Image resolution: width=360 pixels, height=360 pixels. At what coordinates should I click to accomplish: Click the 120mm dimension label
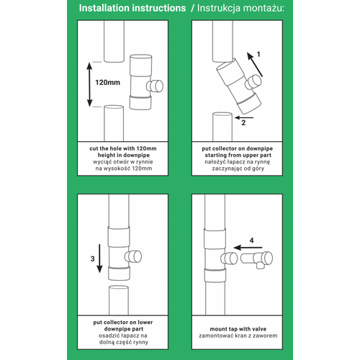click(108, 83)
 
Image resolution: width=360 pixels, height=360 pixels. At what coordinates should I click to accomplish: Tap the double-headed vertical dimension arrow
click(89, 84)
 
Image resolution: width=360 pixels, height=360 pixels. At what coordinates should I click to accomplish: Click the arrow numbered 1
click(255, 65)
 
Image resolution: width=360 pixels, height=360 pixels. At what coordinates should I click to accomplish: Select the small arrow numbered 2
click(244, 117)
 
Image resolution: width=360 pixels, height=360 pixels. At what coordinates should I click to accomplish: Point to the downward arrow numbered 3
click(99, 258)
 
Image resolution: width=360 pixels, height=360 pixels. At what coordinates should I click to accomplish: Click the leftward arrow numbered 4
click(248, 248)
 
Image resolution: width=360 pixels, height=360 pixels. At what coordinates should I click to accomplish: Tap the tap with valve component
click(256, 259)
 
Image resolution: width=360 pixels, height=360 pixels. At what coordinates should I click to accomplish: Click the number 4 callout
click(251, 240)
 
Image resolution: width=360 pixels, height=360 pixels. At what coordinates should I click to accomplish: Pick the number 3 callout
click(93, 258)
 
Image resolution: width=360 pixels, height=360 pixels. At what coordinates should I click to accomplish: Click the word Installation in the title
click(104, 8)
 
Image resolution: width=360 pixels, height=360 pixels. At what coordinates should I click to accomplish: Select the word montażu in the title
click(263, 8)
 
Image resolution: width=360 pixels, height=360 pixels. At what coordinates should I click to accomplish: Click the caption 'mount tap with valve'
click(238, 329)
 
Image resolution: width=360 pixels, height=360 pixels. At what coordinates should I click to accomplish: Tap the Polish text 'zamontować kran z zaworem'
click(238, 336)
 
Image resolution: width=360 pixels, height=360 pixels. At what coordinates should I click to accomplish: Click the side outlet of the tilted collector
click(253, 82)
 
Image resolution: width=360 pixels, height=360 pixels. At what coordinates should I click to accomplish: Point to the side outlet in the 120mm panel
click(155, 86)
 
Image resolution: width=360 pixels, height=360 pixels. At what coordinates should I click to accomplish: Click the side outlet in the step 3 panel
click(133, 256)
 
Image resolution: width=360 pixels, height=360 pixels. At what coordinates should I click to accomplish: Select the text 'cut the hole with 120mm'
click(123, 148)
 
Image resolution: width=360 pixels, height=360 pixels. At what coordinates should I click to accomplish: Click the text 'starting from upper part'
click(238, 156)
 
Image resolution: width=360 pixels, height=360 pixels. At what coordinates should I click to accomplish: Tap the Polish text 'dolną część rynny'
click(124, 342)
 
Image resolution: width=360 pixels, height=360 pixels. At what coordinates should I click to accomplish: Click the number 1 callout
click(258, 55)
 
